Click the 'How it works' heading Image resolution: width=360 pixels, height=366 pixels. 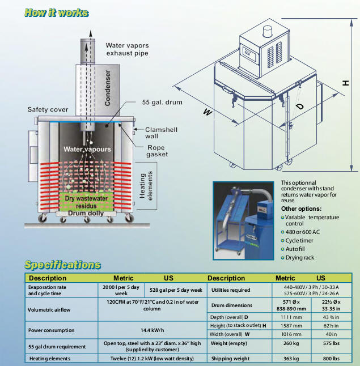(x=57, y=12)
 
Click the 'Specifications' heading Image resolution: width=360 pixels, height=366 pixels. (x=62, y=265)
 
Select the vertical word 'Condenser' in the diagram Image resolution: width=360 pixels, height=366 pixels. (x=107, y=87)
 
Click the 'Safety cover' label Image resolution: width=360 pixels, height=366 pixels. (x=48, y=109)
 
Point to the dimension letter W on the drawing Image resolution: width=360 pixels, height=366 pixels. (x=208, y=113)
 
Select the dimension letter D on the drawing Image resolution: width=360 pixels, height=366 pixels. (x=300, y=107)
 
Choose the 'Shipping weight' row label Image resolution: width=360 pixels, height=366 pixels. (x=232, y=359)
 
